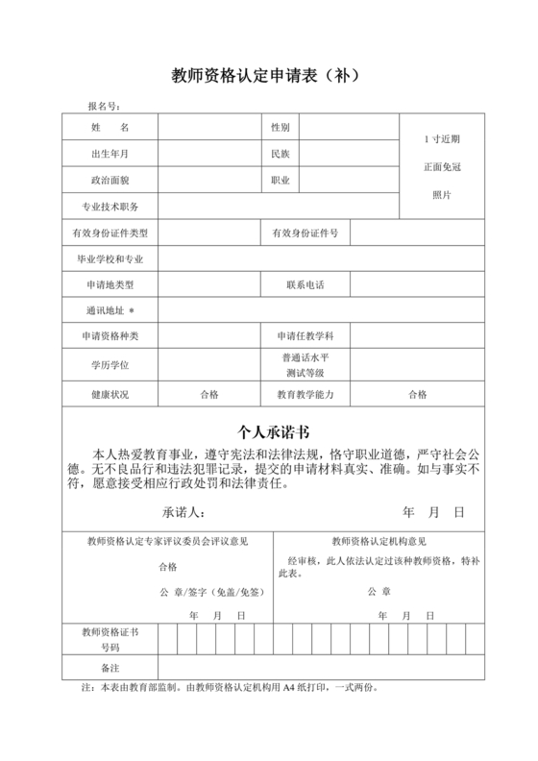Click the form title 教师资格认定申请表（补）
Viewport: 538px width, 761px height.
pos(269,74)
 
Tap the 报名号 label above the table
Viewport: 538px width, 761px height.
pos(104,106)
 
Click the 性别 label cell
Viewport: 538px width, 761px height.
pos(281,128)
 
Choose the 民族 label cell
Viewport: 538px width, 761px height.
pos(281,154)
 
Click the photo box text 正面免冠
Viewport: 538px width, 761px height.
pos(443,167)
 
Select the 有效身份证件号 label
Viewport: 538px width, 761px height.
pos(305,233)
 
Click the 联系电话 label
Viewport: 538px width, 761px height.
pos(305,285)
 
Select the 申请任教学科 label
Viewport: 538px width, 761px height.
pos(305,336)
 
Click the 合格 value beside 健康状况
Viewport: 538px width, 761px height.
pos(208,394)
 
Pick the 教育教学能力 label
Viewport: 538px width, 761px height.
pos(305,394)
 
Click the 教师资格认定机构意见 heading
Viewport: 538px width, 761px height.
pos(379,542)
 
